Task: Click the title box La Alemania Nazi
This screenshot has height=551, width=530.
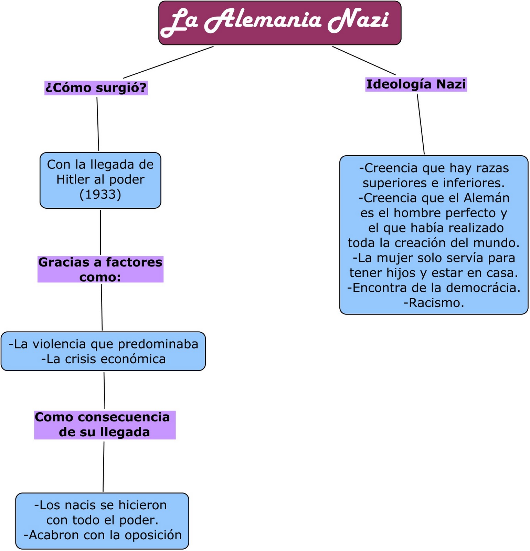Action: click(x=279, y=23)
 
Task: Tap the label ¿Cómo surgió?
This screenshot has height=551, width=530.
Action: click(x=96, y=88)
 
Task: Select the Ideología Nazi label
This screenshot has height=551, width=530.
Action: click(x=416, y=84)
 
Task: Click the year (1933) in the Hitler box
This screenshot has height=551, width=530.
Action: click(x=100, y=195)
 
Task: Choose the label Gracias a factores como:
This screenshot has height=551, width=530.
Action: click(x=100, y=269)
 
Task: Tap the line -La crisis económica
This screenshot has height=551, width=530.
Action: click(x=103, y=359)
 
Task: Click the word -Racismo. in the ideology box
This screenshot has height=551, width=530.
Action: click(x=434, y=303)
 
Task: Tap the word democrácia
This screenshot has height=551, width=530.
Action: click(x=487, y=288)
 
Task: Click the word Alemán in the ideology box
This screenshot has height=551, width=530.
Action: click(x=486, y=198)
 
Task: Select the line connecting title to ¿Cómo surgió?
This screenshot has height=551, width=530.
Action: click(x=168, y=62)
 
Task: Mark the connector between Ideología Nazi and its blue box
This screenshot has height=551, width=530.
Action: click(x=421, y=124)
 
